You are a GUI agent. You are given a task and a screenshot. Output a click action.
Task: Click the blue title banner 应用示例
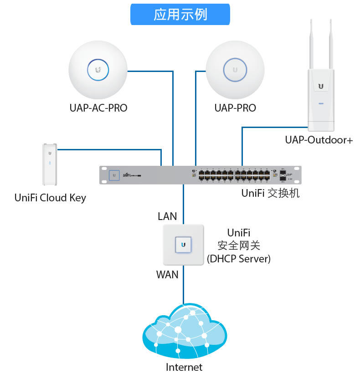(180, 14)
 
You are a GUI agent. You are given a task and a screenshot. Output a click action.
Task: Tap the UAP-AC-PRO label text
(98, 108)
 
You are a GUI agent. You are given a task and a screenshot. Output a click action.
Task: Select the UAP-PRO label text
(235, 108)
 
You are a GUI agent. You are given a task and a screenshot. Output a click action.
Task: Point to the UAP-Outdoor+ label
(319, 140)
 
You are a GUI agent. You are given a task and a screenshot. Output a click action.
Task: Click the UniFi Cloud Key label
(50, 198)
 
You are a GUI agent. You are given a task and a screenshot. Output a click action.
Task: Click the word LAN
(167, 216)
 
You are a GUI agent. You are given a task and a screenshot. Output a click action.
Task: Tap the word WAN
(167, 275)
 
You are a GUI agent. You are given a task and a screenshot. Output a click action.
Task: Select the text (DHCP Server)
(239, 259)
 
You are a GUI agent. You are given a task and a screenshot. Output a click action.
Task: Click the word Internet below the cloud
(184, 367)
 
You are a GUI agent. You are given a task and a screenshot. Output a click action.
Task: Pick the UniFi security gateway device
(183, 245)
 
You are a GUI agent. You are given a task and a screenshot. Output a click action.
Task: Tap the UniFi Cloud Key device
(50, 164)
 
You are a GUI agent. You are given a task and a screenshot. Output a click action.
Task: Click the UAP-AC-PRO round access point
(98, 69)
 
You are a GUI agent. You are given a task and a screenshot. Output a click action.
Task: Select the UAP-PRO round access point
(235, 69)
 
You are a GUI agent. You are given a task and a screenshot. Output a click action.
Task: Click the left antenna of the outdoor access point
(312, 43)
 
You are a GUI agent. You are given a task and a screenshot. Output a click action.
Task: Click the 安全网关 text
(239, 246)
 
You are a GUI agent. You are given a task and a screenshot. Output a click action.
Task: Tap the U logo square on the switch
(114, 175)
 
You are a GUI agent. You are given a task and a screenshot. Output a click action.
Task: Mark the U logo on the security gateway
(183, 245)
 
